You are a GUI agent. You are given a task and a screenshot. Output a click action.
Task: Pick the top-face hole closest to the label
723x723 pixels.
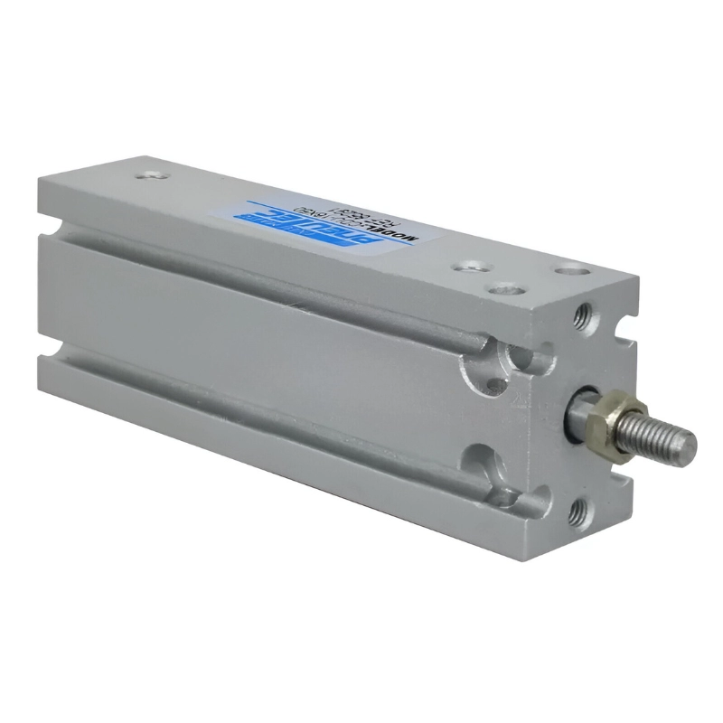tap(467, 268)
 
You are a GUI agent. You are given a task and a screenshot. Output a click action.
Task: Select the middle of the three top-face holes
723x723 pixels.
tap(494, 291)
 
